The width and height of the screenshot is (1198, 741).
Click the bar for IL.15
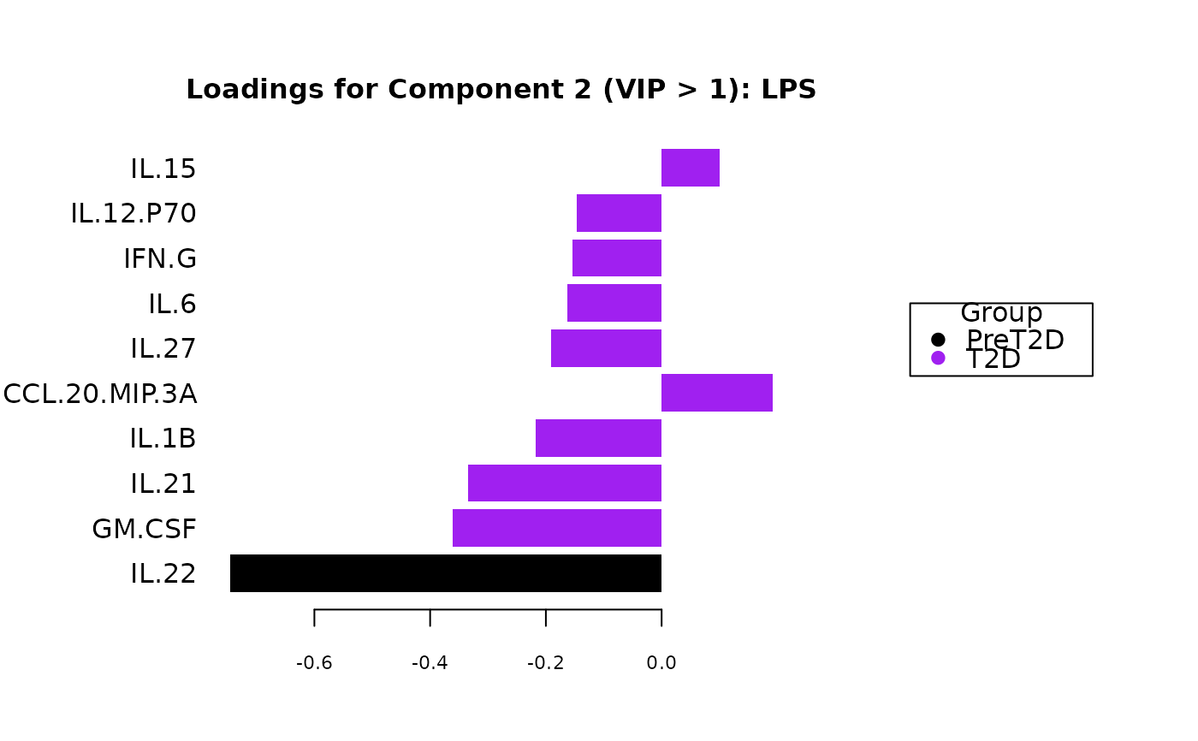[690, 168]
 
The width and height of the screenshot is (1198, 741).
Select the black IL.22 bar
[445, 573]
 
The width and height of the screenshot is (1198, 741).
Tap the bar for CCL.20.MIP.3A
[716, 393]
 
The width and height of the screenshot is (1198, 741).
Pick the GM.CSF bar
[556, 528]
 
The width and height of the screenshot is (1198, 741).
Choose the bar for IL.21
[564, 483]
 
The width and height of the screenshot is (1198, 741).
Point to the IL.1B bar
[598, 438]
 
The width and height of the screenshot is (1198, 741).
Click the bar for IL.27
[606, 348]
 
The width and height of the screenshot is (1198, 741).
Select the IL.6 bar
[614, 303]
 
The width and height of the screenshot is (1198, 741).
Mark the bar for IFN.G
[616, 258]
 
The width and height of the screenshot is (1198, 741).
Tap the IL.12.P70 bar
[619, 213]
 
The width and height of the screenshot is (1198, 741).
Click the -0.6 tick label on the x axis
[314, 663]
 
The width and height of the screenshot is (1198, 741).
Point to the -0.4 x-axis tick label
[430, 663]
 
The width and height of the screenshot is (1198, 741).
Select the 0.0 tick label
[661, 663]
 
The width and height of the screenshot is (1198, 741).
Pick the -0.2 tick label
[546, 663]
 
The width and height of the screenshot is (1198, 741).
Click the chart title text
[501, 90]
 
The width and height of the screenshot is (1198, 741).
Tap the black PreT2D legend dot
[938, 340]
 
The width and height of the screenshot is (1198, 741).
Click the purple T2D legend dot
[938, 358]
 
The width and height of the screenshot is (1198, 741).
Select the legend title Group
[1001, 313]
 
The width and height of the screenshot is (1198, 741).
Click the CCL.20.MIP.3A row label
[100, 394]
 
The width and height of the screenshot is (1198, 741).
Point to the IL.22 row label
[163, 573]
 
